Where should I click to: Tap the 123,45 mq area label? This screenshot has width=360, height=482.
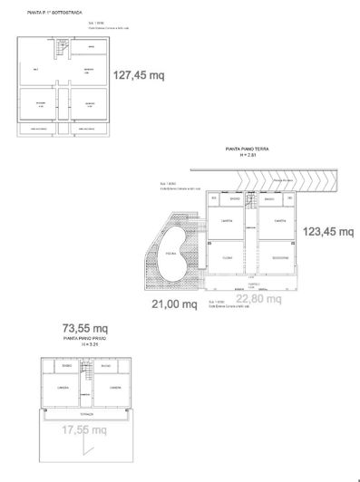point(326,232)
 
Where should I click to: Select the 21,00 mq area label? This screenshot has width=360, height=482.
point(173,304)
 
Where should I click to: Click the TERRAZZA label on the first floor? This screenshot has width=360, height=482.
point(85,412)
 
